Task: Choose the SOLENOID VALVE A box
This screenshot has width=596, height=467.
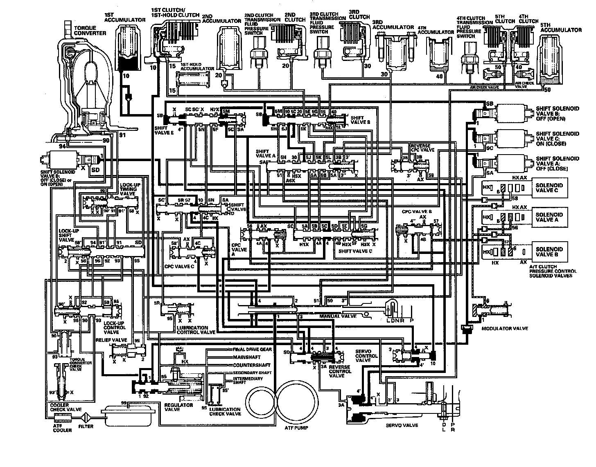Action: pos(549,217)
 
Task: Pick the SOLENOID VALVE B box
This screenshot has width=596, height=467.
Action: pos(549,252)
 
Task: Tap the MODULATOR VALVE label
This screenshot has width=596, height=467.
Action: pos(505,328)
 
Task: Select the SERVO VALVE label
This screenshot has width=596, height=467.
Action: pos(402,425)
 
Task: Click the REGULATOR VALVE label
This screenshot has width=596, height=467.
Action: pos(178,407)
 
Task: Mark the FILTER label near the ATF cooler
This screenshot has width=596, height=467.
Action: pos(86,427)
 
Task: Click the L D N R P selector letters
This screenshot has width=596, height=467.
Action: pos(397,320)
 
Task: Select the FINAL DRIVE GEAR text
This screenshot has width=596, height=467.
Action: pos(252,350)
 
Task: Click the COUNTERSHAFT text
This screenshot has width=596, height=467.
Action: pos(250,365)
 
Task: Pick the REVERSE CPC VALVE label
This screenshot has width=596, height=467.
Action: pos(422,148)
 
